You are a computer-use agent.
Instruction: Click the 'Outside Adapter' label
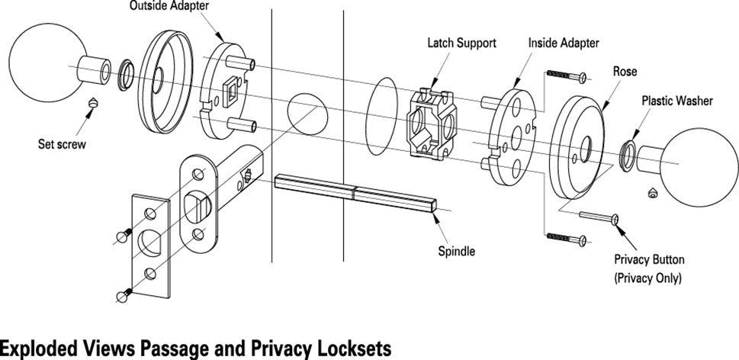pyautogui.click(x=165, y=7)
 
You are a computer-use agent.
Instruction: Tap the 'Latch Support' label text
pyautogui.click(x=461, y=43)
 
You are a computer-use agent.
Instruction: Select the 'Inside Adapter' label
pyautogui.click(x=564, y=43)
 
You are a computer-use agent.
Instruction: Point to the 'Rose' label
pyautogui.click(x=625, y=72)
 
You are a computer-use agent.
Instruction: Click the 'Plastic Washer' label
pyautogui.click(x=676, y=100)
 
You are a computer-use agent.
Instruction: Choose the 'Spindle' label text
pyautogui.click(x=457, y=251)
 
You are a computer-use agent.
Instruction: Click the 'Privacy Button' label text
pyautogui.click(x=650, y=259)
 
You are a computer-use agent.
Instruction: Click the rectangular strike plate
pyautogui.click(x=149, y=246)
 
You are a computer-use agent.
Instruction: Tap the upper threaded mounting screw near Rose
pyautogui.click(x=565, y=77)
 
